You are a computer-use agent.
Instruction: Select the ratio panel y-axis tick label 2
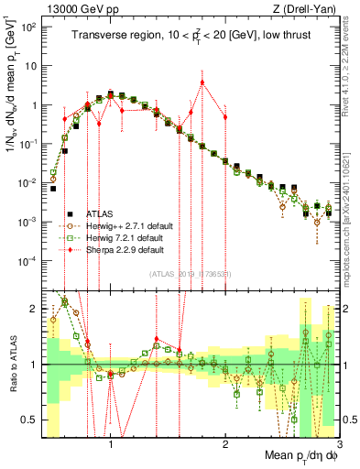point(34,310)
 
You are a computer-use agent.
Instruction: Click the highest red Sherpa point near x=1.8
point(202,82)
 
